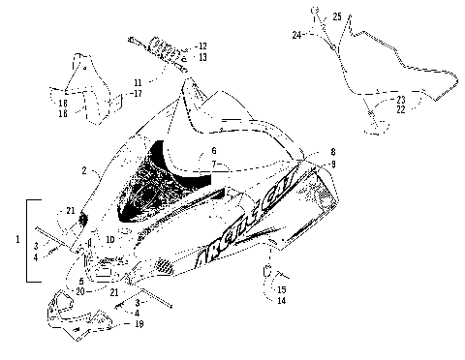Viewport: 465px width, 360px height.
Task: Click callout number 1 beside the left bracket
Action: pyautogui.click(x=12, y=238)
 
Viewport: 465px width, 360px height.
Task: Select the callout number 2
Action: pyautogui.click(x=84, y=170)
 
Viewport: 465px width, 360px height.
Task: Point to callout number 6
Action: pyautogui.click(x=213, y=152)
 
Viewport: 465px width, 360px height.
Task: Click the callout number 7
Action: pyautogui.click(x=213, y=165)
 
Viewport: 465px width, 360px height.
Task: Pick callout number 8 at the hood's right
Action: pyautogui.click(x=332, y=153)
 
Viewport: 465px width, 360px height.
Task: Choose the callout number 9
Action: pyautogui.click(x=332, y=165)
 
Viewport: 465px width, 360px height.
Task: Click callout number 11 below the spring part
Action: pyautogui.click(x=137, y=83)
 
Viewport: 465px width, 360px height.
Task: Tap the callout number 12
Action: pyautogui.click(x=202, y=45)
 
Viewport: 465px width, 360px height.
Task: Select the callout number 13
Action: pyautogui.click(x=202, y=57)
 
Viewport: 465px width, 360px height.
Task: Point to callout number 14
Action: pyautogui.click(x=282, y=301)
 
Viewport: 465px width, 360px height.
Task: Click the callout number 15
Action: pyautogui.click(x=282, y=288)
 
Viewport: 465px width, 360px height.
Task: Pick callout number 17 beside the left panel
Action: pyautogui.click(x=137, y=94)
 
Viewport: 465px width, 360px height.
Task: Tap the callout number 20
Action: pyautogui.click(x=81, y=291)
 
